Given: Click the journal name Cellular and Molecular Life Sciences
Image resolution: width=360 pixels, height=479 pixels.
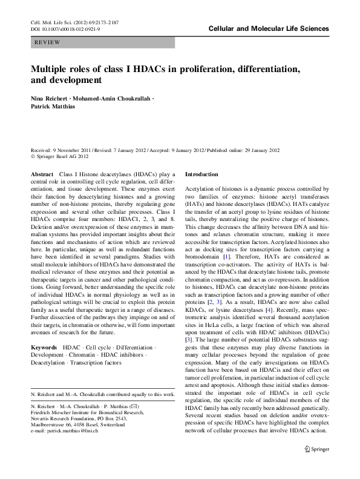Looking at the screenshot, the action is (x=268, y=28).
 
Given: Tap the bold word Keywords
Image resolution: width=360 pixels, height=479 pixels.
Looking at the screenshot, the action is (x=45, y=349).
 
